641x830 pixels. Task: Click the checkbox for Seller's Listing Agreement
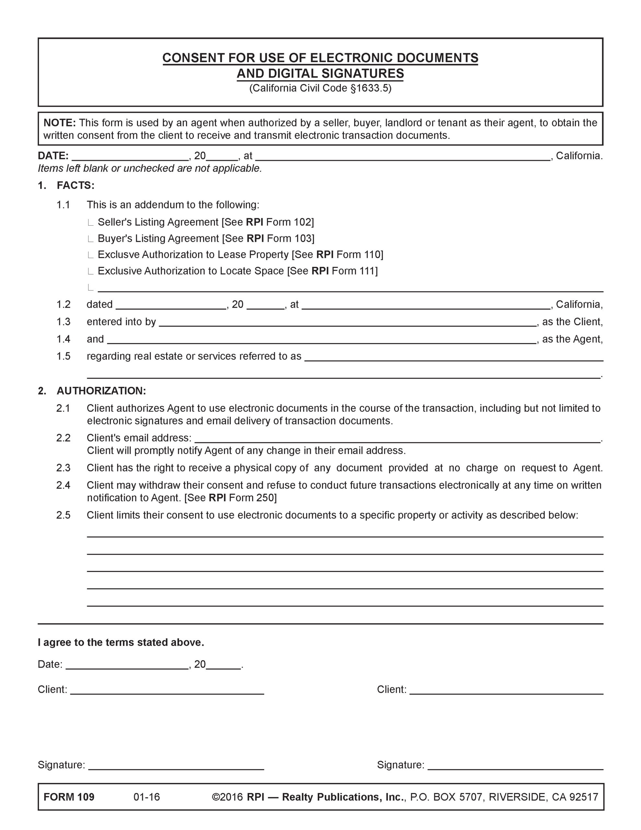pos(90,223)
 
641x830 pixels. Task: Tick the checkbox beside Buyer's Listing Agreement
pos(90,239)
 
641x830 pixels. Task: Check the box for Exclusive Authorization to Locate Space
pos(90,271)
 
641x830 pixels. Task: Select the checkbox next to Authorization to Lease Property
pos(90,255)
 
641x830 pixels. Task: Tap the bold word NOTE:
pos(60,123)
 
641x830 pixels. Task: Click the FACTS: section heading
pos(75,185)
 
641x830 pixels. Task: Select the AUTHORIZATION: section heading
pos(101,391)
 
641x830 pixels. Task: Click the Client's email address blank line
pos(397,441)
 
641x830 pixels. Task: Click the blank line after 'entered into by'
pos(347,325)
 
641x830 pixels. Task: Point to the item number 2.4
pos(64,485)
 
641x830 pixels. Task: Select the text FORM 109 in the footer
pos(69,797)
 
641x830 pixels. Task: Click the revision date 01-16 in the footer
pos(147,797)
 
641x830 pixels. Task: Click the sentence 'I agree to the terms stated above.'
pos(121,642)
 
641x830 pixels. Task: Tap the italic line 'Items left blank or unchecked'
pos(150,168)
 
